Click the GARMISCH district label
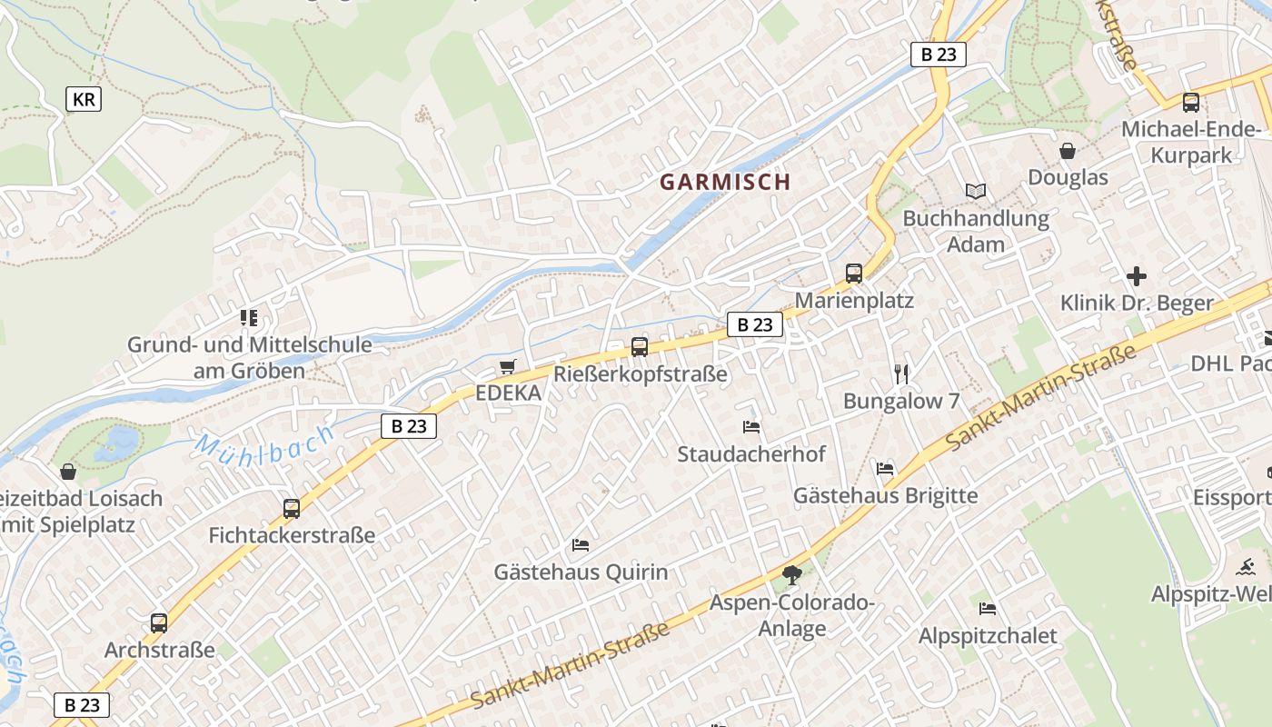tap(725, 182)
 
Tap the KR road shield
tap(84, 100)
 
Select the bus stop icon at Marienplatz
tap(853, 274)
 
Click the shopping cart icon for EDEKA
tap(507, 367)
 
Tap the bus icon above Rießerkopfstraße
tap(640, 346)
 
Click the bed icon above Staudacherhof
tap(751, 426)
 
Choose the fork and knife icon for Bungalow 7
tap(901, 373)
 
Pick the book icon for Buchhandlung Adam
tap(976, 192)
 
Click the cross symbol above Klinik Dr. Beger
tap(1136, 276)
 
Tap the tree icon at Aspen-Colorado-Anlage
tap(792, 574)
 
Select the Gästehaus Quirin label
tap(581, 573)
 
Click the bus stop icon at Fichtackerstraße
tap(292, 509)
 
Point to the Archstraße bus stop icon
tap(159, 623)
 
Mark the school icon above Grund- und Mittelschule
tap(249, 318)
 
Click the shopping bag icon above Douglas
tap(1068, 151)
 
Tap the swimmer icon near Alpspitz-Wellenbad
tap(1246, 568)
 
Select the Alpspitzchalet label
tap(988, 635)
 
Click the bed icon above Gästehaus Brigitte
tap(885, 469)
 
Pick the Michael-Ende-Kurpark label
tap(1191, 142)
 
